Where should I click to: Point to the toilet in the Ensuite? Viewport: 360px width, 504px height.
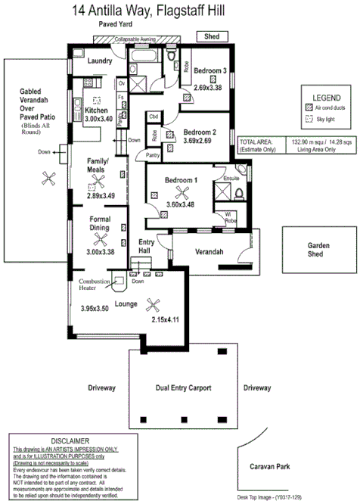point(238,193)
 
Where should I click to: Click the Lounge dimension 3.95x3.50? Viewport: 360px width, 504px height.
point(96,309)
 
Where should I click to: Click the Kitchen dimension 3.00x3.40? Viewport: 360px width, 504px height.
point(98,119)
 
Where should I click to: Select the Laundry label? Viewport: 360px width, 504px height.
point(100,61)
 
